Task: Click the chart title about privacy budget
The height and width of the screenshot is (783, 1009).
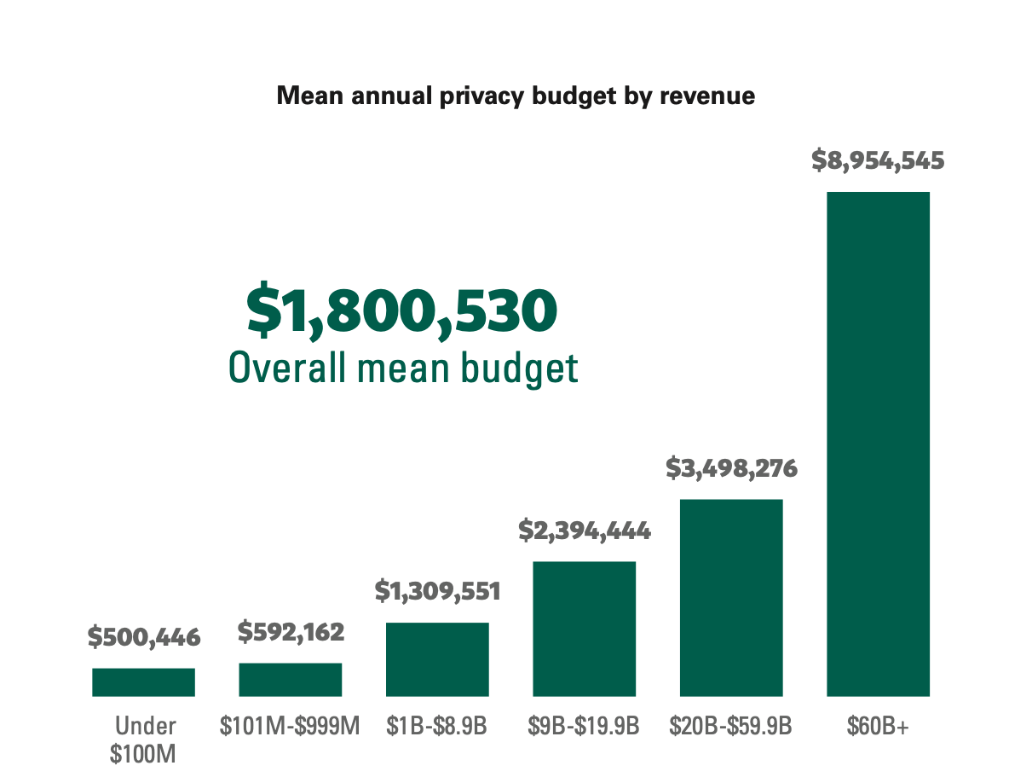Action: [x=516, y=96]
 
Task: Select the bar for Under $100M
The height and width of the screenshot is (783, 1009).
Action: [x=143, y=682]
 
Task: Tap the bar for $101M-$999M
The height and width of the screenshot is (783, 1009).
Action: [x=290, y=680]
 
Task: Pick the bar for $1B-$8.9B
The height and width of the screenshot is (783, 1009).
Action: [x=437, y=659]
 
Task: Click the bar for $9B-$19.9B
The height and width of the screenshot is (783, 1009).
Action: [x=584, y=629]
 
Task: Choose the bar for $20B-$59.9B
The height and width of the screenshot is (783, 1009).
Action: [x=730, y=598]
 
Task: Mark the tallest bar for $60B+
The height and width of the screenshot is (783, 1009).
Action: [x=878, y=444]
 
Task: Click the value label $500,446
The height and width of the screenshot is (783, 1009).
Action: [x=144, y=636]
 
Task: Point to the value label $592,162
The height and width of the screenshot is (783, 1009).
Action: [x=291, y=632]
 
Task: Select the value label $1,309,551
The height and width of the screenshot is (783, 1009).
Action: [x=437, y=591]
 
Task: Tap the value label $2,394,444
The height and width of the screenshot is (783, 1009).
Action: [x=585, y=531]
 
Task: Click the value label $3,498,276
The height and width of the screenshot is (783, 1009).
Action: [x=731, y=468]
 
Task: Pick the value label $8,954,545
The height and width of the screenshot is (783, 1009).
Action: [x=878, y=160]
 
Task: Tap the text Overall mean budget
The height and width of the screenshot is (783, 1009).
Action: [x=403, y=368]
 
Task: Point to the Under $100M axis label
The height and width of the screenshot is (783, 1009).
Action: [x=144, y=739]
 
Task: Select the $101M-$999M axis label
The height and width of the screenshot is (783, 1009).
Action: [x=290, y=727]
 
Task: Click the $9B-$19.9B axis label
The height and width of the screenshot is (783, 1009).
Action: [x=584, y=727]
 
